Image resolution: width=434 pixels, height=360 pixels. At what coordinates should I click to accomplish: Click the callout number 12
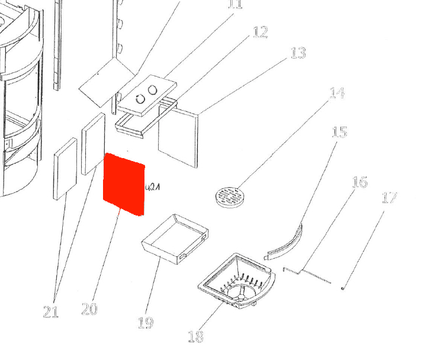[260, 32]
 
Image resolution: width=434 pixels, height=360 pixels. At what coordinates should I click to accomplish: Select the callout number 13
[298, 53]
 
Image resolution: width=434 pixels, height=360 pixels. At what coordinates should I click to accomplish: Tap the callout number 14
[336, 93]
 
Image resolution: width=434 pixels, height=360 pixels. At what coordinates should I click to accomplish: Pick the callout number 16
[359, 181]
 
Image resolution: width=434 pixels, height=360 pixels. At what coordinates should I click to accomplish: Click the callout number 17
[389, 197]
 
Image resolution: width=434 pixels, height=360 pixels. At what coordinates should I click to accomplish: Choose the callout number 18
[195, 336]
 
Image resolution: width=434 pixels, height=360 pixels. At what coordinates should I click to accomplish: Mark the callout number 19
[145, 323]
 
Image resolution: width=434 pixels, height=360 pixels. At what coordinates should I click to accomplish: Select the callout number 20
[89, 309]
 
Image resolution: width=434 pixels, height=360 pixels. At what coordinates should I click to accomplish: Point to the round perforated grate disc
[229, 196]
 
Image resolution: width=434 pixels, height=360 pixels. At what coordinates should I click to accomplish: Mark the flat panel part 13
[179, 137]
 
